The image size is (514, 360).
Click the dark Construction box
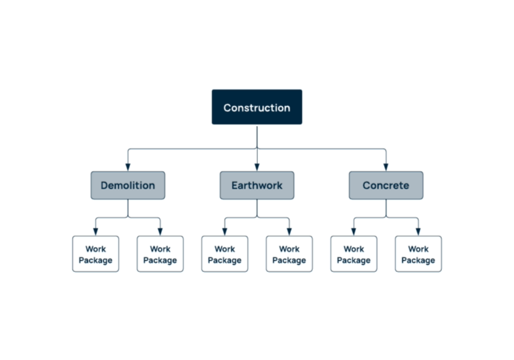(x=257, y=107)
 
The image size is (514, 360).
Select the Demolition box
(x=128, y=185)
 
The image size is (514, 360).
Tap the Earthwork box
(x=257, y=185)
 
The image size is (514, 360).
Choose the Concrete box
(x=386, y=185)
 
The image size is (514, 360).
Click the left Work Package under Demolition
(x=96, y=254)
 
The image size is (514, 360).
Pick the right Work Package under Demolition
(x=160, y=254)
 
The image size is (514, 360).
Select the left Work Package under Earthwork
(x=225, y=254)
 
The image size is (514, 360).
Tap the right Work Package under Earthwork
(x=289, y=254)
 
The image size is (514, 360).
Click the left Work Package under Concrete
(x=354, y=254)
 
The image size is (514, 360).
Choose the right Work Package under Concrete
(x=418, y=254)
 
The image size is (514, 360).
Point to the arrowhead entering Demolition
(x=128, y=167)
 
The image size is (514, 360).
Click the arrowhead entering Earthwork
(x=257, y=167)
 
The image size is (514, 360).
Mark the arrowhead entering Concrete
(x=386, y=167)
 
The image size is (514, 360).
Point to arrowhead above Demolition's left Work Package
(x=96, y=232)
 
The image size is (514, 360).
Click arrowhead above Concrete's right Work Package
(x=418, y=232)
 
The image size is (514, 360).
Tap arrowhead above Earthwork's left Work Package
(x=225, y=232)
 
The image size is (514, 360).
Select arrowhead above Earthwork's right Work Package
(x=289, y=232)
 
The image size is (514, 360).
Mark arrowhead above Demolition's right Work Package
(x=160, y=232)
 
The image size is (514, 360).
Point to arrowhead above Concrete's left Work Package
(x=354, y=232)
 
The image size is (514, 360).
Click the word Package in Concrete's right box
(x=418, y=260)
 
